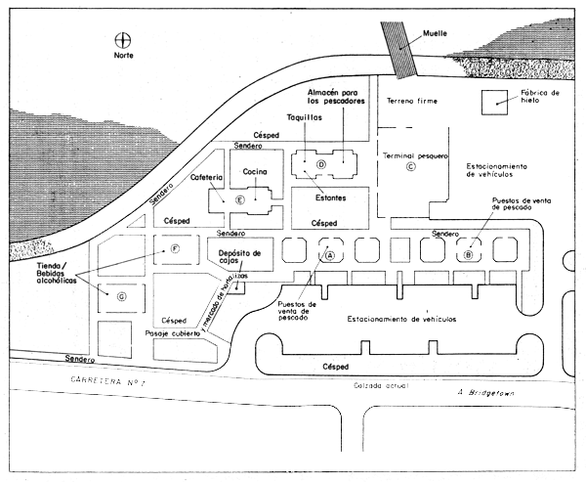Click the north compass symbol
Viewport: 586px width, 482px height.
pyautogui.click(x=123, y=40)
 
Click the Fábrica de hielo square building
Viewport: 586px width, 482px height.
pyautogui.click(x=498, y=100)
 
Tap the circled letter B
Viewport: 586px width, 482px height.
pyautogui.click(x=469, y=253)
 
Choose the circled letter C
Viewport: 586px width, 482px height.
pyautogui.click(x=410, y=166)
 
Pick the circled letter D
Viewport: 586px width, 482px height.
pyautogui.click(x=319, y=164)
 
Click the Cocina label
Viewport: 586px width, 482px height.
pyautogui.click(x=255, y=172)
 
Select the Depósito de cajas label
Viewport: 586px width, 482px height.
pyautogui.click(x=231, y=255)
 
